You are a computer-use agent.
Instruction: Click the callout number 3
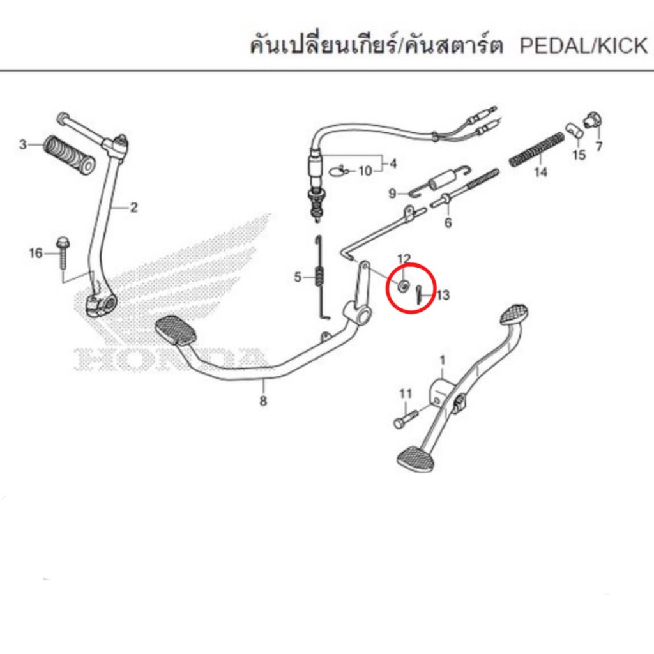tap(23, 145)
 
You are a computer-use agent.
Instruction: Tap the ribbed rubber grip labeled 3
tap(70, 155)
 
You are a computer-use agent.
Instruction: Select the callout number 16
tap(36, 253)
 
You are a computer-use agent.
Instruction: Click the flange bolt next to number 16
tap(62, 253)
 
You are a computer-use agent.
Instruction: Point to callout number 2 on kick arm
tap(133, 208)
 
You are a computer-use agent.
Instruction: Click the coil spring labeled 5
tap(319, 277)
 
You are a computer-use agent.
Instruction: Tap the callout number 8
tap(262, 401)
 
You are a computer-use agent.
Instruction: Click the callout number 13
tap(443, 295)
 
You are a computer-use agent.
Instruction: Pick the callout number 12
tap(404, 259)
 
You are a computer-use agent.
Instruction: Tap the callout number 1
tap(443, 360)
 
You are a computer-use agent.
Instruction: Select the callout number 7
tap(599, 146)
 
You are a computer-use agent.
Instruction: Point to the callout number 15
tap(579, 155)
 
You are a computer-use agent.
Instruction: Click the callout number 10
tap(365, 171)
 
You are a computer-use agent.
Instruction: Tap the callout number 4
tap(393, 163)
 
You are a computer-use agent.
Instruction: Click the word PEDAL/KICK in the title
tap(584, 45)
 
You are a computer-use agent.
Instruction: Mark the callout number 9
tap(392, 194)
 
